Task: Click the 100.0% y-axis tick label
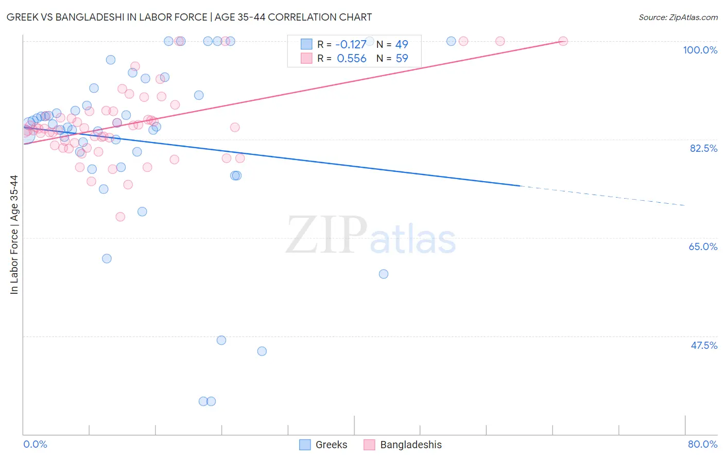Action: point(700,50)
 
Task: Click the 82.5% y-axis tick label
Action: point(703,148)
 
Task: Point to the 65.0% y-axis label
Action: point(703,246)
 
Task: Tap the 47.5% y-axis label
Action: point(703,345)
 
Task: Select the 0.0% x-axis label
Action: point(35,444)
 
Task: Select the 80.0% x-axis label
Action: point(702,444)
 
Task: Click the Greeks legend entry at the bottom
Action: point(323,445)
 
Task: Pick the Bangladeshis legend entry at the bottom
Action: point(403,445)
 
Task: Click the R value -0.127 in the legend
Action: point(351,44)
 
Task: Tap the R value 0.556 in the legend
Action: point(351,59)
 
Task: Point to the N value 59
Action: point(402,59)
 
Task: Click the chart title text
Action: point(189,17)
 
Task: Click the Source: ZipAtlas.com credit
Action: point(678,17)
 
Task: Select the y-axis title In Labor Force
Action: point(14,235)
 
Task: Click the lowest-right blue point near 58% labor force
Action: point(383,274)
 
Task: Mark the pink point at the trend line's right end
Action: point(563,41)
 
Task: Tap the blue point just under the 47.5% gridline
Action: point(221,340)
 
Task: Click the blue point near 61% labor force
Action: point(107,258)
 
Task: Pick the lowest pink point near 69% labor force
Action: point(120,217)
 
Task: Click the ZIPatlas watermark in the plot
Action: point(370,235)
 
